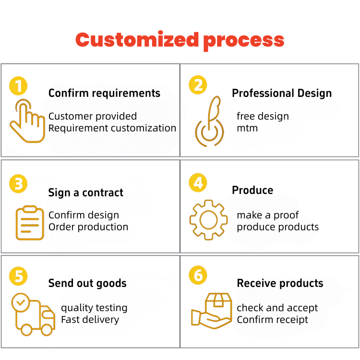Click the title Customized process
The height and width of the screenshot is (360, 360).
coord(180,40)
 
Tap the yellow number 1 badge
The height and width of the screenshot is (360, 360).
coord(18,86)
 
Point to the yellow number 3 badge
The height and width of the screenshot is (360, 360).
coord(18,184)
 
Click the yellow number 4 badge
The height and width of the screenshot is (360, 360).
coord(198,183)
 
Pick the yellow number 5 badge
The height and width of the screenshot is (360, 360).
coord(18,276)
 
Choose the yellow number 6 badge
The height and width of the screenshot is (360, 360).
coord(198,276)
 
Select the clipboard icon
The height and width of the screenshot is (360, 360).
coord(30,223)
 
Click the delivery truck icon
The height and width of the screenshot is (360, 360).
coord(33,315)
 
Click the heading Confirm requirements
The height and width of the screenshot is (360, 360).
coord(104,93)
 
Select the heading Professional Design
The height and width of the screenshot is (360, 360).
coord(282,93)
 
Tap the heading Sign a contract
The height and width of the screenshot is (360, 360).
coord(85,193)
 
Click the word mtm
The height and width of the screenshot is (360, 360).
coord(247,128)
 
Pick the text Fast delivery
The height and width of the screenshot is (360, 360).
coord(90,320)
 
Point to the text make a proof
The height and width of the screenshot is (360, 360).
coord(268,215)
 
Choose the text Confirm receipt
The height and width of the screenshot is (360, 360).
coord(273,320)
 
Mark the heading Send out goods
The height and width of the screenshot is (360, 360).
coord(87,283)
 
